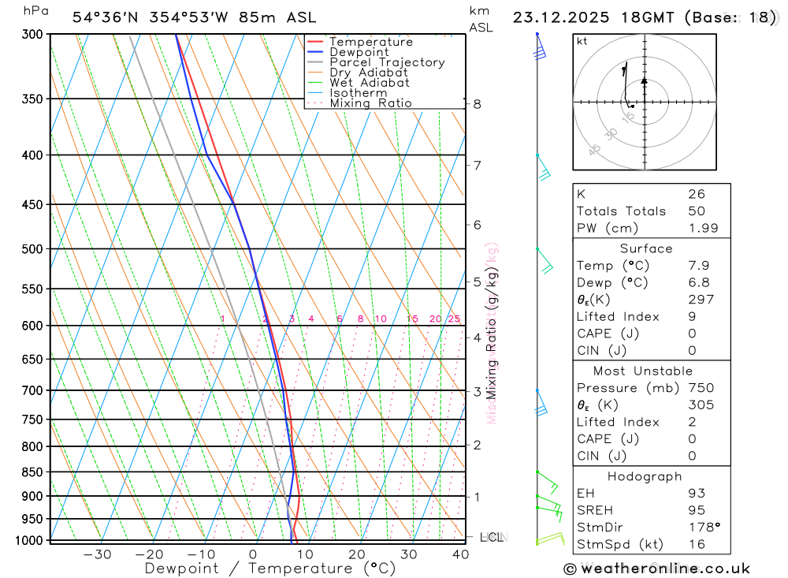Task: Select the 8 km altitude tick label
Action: coord(478,104)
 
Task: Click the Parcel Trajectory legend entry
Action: coord(387,62)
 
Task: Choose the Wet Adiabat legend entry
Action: coord(370,83)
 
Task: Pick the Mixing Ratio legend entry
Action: coord(370,103)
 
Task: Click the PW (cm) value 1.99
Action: coord(697,228)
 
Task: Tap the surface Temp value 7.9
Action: coord(697,266)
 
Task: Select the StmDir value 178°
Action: coord(700,528)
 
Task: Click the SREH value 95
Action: coord(697,510)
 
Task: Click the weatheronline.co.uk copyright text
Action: coord(656,569)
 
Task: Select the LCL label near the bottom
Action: coord(492,538)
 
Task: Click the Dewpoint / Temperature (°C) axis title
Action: coord(269,569)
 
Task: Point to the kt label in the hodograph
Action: coord(582,42)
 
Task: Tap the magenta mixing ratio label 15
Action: coord(412,319)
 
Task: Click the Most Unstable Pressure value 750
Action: coord(701,388)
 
